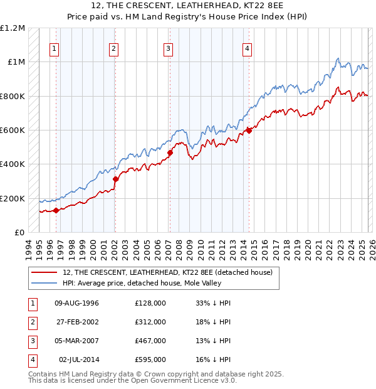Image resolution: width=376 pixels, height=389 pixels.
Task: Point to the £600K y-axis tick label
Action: coord(13,131)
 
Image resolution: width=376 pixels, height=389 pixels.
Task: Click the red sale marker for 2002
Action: coord(115,179)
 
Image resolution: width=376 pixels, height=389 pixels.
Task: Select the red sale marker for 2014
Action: coord(249,131)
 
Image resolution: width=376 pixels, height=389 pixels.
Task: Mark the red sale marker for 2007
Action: coord(170,152)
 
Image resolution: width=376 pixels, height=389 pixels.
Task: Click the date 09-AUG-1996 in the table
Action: coord(77,303)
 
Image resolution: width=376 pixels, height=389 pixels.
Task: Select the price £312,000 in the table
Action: coord(150,322)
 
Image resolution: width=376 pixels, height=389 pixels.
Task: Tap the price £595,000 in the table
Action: coord(150,360)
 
